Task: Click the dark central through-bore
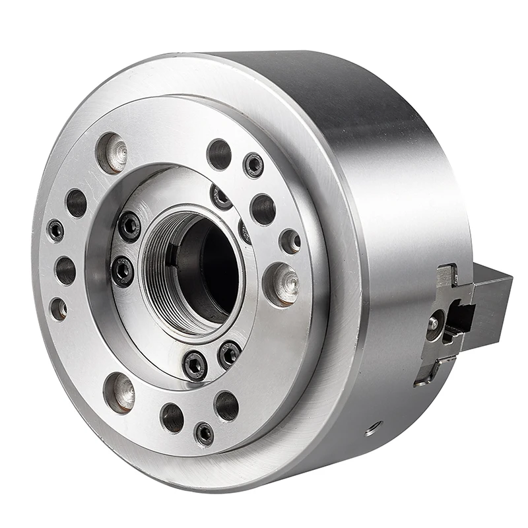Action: click(205, 271)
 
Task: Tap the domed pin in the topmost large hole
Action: click(114, 150)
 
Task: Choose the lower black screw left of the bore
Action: click(123, 271)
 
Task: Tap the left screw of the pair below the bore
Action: click(195, 364)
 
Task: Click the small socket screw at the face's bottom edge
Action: click(204, 433)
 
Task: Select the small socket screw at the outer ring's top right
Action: click(253, 165)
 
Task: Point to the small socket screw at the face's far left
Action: click(56, 230)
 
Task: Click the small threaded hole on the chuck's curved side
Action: click(374, 429)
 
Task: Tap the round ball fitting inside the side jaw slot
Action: click(434, 323)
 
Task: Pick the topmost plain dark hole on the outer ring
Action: click(219, 154)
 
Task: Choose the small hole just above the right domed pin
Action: click(290, 241)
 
